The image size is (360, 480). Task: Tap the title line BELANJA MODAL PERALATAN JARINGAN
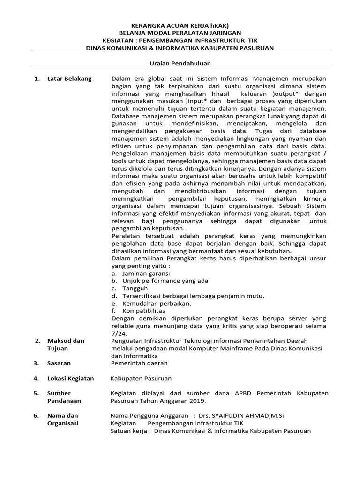click(180, 33)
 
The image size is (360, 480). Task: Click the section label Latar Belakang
click(69, 78)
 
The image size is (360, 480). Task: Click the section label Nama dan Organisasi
click(63, 419)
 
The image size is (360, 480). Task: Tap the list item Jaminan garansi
click(146, 273)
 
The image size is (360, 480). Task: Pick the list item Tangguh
click(135, 288)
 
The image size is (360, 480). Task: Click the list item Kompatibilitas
click(144, 311)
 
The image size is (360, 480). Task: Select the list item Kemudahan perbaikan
click(153, 303)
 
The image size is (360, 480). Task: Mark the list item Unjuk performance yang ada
click(165, 281)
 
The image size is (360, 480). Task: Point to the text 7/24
click(117, 333)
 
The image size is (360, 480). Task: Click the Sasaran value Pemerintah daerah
click(138, 363)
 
